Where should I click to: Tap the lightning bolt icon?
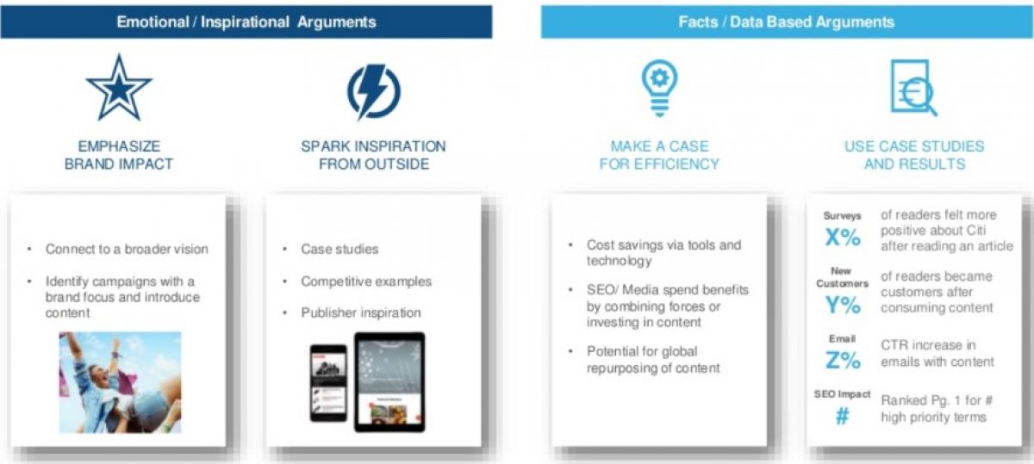pos(374,92)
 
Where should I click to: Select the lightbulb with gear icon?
pos(660,88)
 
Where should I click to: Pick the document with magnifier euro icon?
pos(913,88)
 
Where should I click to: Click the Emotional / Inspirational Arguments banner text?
pos(246,22)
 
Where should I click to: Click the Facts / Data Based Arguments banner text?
pos(786,22)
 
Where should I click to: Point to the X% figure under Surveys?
pos(843,237)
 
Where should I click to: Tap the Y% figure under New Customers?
pos(843,305)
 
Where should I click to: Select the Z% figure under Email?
pos(843,360)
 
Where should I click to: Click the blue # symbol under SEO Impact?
pos(842,416)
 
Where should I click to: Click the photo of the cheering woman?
pos(120,382)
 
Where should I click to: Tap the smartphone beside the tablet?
pos(328,383)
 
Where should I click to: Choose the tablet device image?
pos(389,382)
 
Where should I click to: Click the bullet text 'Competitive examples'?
pos(366,281)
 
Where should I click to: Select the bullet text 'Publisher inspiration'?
pos(361,312)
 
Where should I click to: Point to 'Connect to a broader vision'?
pos(127,249)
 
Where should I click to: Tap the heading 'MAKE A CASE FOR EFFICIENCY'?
pos(659,155)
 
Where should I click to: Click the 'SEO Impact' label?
pos(842,394)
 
